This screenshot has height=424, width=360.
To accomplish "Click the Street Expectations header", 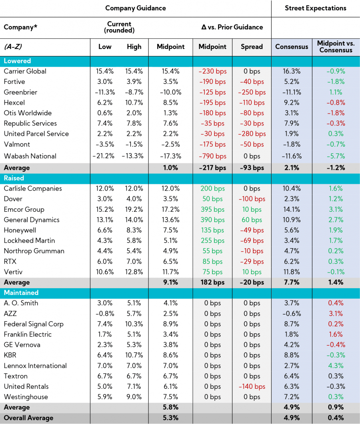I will [316, 8].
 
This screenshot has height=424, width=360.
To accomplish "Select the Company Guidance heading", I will [136, 8].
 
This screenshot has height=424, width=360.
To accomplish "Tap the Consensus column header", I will [292, 47].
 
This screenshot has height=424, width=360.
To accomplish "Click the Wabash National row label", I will [30, 156].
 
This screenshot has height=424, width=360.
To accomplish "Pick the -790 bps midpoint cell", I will [212, 156].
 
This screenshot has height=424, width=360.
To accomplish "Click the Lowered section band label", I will [17, 61].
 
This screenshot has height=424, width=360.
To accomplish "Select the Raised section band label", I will [14, 178].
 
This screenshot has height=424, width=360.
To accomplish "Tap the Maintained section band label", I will [21, 293].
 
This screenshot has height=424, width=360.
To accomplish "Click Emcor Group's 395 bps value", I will [212, 209].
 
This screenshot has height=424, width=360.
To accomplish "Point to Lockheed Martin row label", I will [29, 241].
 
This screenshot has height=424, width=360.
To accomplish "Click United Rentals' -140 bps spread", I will [252, 386].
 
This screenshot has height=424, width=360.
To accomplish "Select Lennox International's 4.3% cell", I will [336, 366].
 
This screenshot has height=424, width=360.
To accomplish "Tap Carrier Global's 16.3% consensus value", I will [292, 72].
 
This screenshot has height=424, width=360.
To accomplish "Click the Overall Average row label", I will [28, 418].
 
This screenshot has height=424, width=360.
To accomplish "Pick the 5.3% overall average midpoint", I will [170, 418].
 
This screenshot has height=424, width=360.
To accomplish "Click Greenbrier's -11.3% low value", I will [105, 92].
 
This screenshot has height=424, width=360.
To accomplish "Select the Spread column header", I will [252, 47].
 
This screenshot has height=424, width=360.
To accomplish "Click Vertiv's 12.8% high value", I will [134, 272].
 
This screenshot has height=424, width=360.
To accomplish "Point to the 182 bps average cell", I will [212, 282].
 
